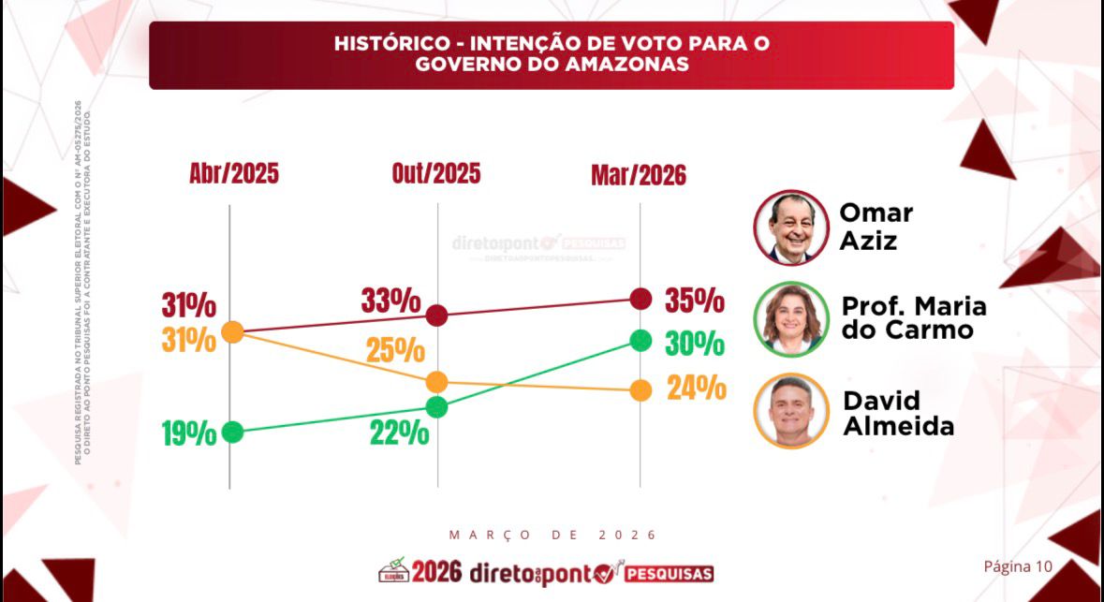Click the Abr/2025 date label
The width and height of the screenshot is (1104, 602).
(234, 174)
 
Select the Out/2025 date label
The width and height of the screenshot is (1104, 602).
(436, 173)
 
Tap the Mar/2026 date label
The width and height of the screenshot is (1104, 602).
(639, 175)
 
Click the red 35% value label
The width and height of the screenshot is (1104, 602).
(695, 301)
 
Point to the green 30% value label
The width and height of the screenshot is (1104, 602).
(695, 344)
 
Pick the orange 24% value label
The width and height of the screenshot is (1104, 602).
(697, 387)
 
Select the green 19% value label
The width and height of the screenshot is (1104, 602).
(189, 434)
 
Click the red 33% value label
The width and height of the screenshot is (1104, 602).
(391, 301)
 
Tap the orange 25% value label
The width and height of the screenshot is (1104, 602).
(395, 351)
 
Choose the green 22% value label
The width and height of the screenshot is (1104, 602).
(400, 433)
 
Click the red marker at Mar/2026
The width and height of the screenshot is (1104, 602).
(640, 299)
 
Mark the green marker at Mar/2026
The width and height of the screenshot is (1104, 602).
(640, 340)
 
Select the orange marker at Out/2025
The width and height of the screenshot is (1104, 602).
(436, 382)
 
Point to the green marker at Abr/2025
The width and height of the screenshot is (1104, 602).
(232, 433)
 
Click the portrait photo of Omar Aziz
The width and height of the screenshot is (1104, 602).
(791, 228)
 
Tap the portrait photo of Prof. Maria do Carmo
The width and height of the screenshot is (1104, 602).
(791, 318)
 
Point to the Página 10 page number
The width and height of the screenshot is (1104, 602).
(1018, 566)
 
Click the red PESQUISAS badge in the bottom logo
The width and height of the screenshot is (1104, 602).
(669, 573)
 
